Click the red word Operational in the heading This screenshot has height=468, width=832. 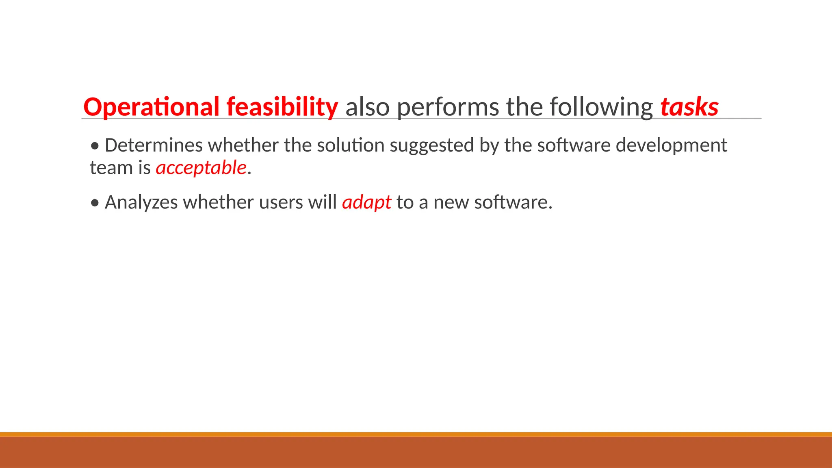pos(151,107)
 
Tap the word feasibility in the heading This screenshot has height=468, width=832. pos(282,107)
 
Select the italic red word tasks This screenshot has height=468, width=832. pos(689,107)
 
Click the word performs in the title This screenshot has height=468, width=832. pos(447,107)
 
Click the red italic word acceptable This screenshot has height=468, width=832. pos(201,168)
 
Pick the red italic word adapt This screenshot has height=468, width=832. pos(366,202)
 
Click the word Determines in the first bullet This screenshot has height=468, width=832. pos(154,145)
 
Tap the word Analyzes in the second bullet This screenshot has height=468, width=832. pos(141,202)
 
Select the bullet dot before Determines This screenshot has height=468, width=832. pos(95,146)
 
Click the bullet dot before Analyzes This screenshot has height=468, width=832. pos(95,203)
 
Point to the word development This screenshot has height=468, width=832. pos(671,145)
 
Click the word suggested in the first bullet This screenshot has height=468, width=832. pos(432,145)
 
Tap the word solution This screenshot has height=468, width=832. pos(351,145)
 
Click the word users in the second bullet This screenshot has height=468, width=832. pos(281,202)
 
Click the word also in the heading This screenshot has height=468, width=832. pos(368,107)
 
